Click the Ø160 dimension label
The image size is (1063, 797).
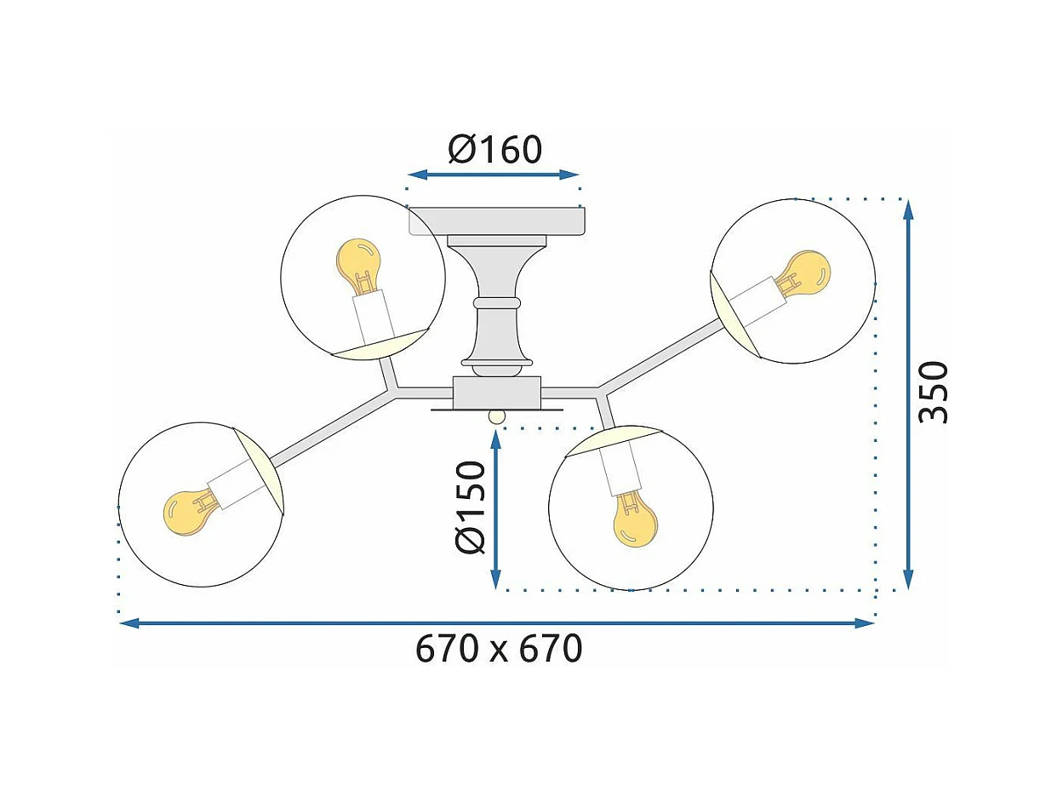494,150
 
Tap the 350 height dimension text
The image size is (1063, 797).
934,392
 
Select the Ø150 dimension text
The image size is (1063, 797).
470,507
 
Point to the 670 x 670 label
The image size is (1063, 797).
499,649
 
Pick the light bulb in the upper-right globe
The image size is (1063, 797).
803,272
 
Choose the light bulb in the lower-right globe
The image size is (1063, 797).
635,519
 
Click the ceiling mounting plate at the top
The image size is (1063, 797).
497,221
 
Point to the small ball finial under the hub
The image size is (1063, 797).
496,416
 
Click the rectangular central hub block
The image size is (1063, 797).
497,393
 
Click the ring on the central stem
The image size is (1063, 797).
497,302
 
